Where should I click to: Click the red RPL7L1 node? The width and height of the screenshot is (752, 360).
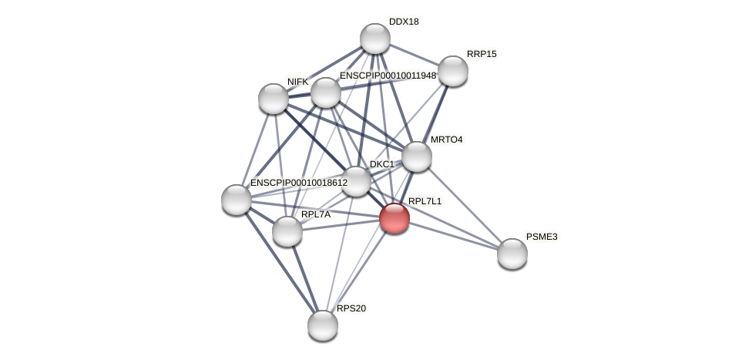tap(394, 218)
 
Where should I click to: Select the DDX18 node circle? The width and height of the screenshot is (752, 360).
tap(375, 39)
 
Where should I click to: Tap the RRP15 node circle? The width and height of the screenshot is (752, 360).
tap(452, 71)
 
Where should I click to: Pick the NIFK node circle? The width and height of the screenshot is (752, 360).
tap(274, 99)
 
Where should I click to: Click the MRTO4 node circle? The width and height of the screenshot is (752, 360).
tap(417, 156)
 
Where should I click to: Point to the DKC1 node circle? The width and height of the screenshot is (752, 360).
tap(356, 181)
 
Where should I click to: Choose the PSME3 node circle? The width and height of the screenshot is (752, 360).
tap(512, 254)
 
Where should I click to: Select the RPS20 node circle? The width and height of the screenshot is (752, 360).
tap(323, 325)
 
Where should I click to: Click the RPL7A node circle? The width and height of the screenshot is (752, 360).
tap(287, 231)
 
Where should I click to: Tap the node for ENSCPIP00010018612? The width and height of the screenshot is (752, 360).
tap(237, 200)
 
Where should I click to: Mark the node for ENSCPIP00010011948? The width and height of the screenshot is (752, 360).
tap(326, 93)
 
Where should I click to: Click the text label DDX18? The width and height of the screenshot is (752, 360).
tap(404, 22)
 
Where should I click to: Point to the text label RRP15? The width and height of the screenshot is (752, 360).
tap(482, 54)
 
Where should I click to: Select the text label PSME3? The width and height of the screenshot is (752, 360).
tap(542, 237)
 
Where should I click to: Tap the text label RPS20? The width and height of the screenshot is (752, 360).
tap(351, 308)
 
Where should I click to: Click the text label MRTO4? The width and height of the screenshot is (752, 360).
tap(447, 140)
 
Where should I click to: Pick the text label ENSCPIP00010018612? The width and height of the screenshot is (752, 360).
tap(299, 183)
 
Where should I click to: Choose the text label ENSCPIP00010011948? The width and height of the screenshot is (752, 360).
tap(388, 76)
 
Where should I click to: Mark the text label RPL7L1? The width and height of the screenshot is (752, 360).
tap(425, 201)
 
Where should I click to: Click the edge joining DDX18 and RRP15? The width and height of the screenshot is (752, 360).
tap(414, 55)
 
